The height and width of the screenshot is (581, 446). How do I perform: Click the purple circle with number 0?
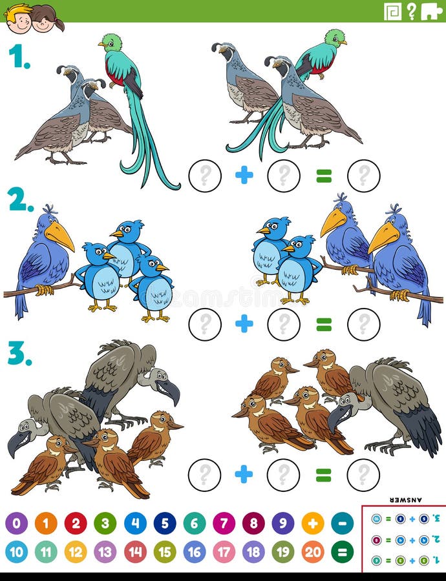16,523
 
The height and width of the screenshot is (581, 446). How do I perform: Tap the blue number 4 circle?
135,523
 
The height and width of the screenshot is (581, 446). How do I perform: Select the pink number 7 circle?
224,523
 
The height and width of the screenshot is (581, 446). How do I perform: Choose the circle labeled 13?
105,552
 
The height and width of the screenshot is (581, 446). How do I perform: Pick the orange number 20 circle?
313,552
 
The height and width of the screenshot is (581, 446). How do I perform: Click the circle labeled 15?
165,552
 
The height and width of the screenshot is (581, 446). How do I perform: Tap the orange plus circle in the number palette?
313,523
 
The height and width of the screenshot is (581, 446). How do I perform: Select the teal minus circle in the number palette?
343,523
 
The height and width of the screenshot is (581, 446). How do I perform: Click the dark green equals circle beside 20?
343,552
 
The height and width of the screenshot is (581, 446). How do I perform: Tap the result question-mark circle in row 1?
363,176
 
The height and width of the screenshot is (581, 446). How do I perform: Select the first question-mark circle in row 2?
205,324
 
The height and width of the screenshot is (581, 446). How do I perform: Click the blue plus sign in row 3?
244,474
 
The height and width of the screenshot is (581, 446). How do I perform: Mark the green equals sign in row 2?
324,325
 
